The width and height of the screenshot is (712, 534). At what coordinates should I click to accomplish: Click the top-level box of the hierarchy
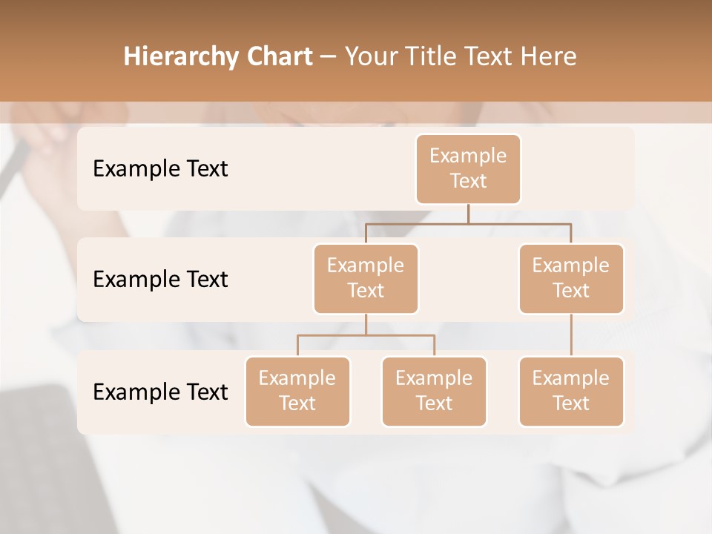click(468, 168)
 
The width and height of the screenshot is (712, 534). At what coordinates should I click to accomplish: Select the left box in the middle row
click(366, 278)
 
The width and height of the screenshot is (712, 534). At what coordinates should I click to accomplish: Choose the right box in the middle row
click(571, 278)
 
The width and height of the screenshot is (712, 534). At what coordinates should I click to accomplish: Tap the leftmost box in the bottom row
click(297, 391)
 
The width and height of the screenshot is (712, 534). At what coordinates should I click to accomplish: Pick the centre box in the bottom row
click(434, 391)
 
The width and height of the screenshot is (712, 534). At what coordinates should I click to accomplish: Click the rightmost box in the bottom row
click(571, 391)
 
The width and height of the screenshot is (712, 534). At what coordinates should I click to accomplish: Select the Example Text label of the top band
click(160, 168)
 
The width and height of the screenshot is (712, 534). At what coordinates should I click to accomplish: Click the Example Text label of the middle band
click(160, 279)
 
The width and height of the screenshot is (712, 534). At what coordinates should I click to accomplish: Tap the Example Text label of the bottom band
click(160, 392)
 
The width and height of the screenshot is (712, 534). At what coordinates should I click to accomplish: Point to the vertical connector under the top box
click(468, 214)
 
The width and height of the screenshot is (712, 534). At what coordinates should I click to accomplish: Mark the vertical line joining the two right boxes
click(571, 335)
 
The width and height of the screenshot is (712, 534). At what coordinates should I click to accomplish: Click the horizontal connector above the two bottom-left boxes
click(366, 335)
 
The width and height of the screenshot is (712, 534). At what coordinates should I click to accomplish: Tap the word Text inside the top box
click(468, 181)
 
